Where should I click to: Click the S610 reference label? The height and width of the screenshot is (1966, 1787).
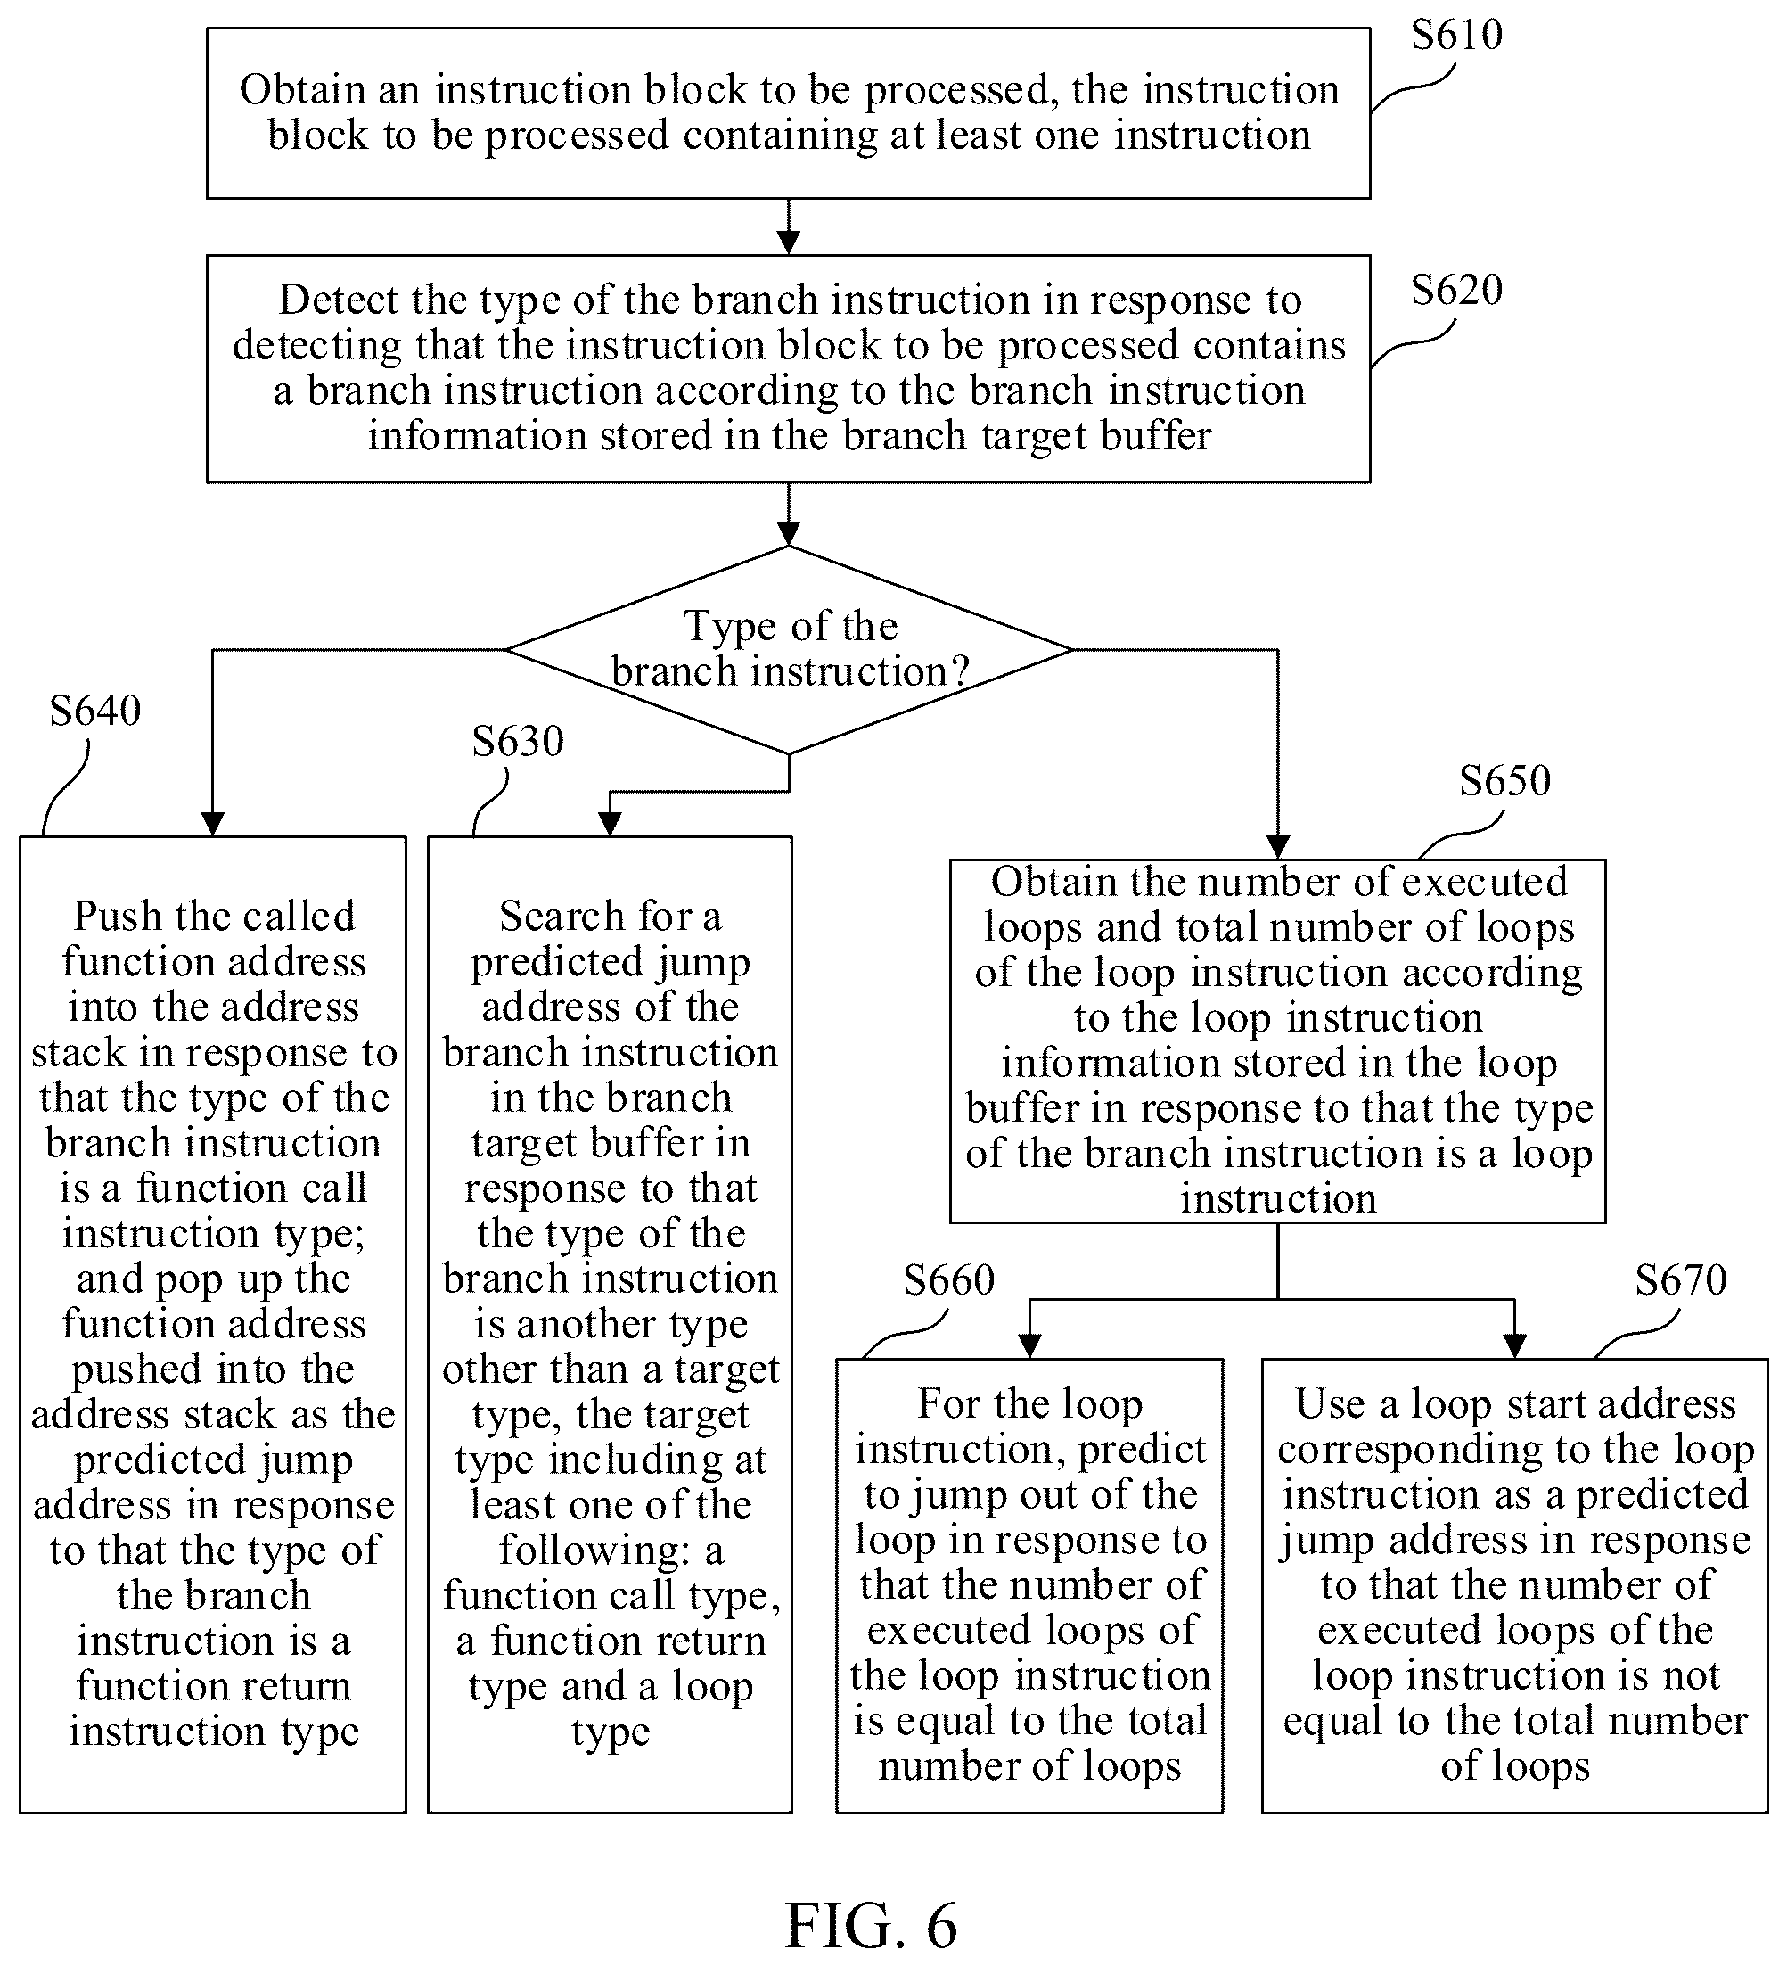tap(1456, 35)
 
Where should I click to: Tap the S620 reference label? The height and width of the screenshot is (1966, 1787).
tap(1456, 291)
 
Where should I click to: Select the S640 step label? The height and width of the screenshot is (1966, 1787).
tap(95, 711)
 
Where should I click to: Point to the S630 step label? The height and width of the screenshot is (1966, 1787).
tap(518, 741)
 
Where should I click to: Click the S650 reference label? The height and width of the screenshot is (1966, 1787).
tap(1504, 780)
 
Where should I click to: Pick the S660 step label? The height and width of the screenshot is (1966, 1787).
tap(948, 1280)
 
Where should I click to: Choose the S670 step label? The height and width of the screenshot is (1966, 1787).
tap(1681, 1280)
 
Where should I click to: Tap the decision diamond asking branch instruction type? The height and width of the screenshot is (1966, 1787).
tap(789, 649)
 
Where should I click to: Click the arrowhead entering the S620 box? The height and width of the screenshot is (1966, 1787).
tap(789, 243)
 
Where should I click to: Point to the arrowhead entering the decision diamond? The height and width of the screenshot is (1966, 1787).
tap(789, 533)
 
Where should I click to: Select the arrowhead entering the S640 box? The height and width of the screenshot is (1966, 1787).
tap(212, 824)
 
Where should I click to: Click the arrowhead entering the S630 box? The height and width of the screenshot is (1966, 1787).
tap(611, 824)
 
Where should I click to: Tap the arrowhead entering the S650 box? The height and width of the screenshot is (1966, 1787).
tap(1278, 847)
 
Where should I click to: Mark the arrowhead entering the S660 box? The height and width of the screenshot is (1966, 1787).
tap(1029, 1346)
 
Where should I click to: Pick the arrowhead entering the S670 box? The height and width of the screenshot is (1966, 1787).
tap(1514, 1346)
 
